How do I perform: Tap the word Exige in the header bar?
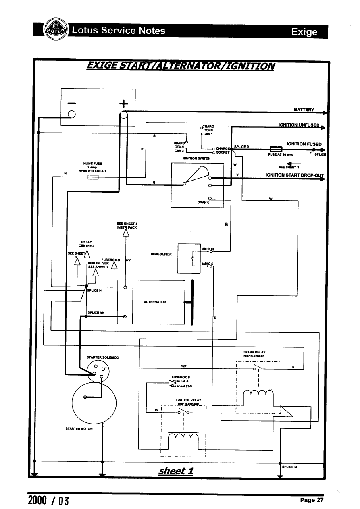click(305, 32)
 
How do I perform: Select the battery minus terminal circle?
click(72, 114)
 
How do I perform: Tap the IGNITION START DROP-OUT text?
click(295, 175)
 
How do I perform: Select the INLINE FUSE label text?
click(92, 164)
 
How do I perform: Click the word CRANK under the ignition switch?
click(203, 202)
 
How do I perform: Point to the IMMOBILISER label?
click(161, 254)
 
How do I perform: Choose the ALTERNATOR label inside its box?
click(155, 302)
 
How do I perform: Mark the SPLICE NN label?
click(96, 312)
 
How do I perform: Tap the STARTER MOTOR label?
click(79, 429)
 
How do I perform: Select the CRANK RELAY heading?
click(254, 353)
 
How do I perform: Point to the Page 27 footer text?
click(312, 500)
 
